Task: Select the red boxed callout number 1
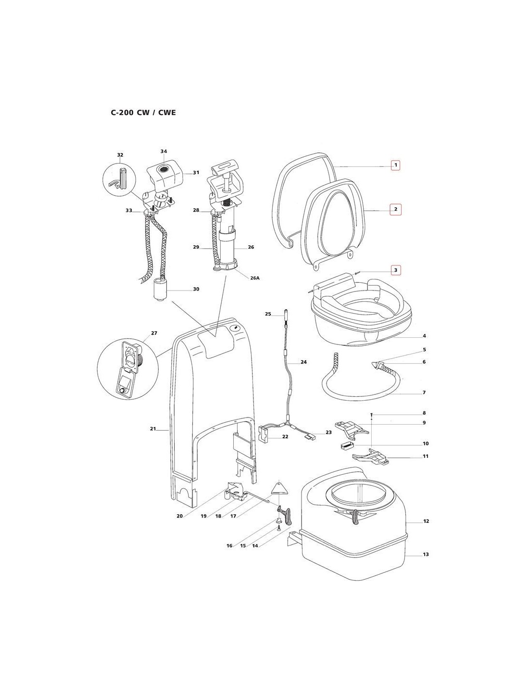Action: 395,165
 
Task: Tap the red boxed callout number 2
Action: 395,209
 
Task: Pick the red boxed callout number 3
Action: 395,270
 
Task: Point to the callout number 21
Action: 153,429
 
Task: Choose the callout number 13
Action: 426,555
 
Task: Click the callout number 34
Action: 164,151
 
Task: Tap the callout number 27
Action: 154,333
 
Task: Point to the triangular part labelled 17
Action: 279,487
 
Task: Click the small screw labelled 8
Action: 372,414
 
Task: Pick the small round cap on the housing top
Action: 235,328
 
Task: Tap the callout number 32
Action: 120,155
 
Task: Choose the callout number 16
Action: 229,545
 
